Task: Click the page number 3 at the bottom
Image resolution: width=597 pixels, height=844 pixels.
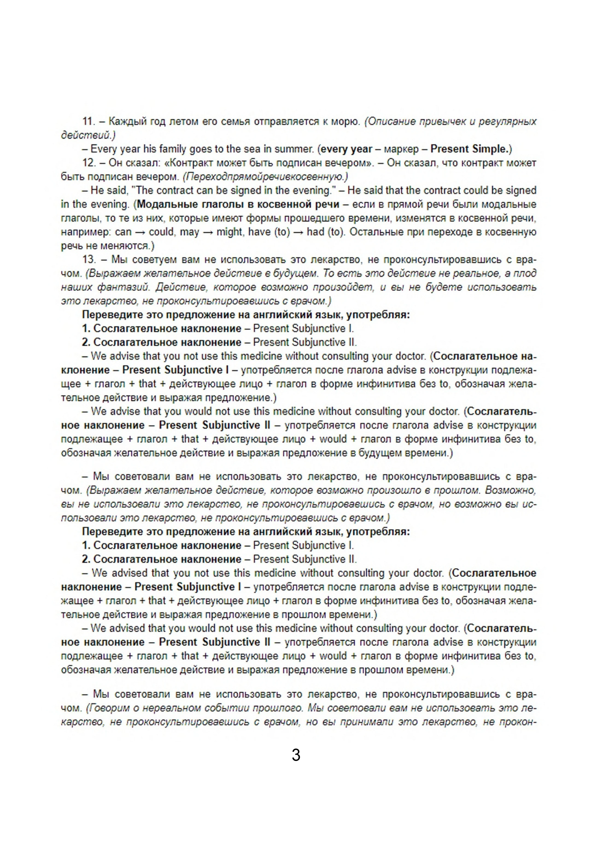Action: (296, 755)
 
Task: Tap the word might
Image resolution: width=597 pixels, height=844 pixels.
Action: (229, 232)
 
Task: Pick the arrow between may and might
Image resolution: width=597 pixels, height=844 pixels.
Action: (208, 232)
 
